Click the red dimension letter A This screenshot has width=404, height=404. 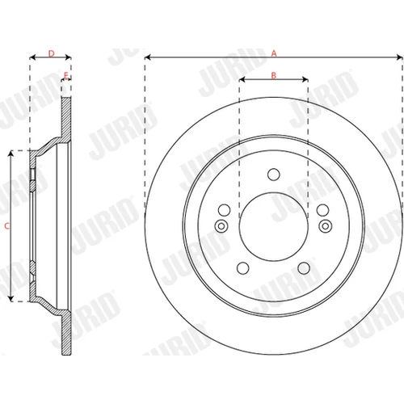pos(274,53)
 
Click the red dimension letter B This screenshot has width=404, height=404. pos(274,75)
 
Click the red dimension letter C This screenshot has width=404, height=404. pos(7,225)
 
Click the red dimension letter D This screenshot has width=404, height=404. pos(51,53)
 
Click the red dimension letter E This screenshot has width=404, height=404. pos(66,75)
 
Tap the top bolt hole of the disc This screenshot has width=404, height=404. pos(274,175)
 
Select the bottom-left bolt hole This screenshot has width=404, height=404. pos(243,268)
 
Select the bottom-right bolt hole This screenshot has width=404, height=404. pos(304,268)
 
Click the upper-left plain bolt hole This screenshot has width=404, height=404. pos(224,210)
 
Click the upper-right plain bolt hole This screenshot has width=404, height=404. pos(323,210)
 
